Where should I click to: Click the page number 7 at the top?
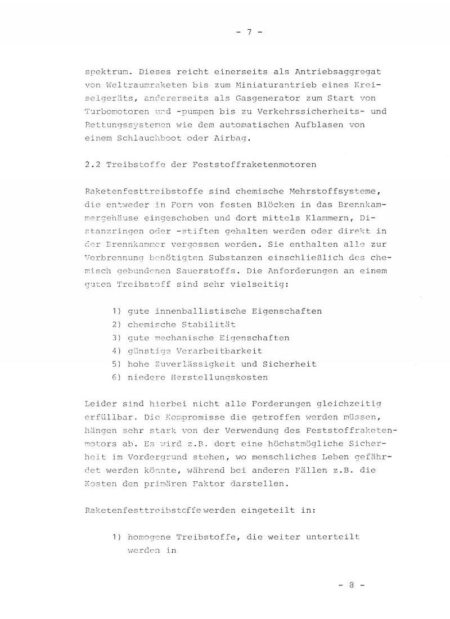[249, 32]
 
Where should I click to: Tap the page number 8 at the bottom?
[352, 585]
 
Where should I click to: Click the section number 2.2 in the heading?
[92, 165]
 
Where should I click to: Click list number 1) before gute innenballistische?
[116, 311]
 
